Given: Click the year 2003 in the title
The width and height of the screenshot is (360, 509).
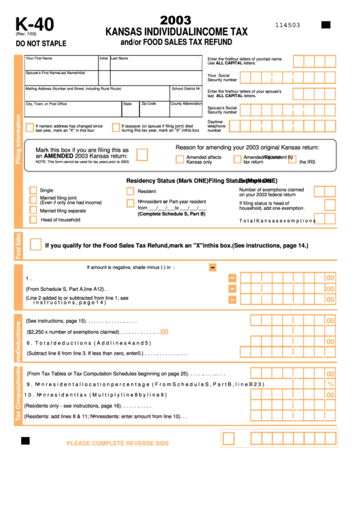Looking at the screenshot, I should pos(175,21).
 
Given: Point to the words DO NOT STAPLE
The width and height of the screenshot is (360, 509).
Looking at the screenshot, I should pos(41,43).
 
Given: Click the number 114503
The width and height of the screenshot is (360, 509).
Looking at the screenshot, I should pos(287,25).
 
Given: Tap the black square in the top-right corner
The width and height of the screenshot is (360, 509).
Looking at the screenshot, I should pos(325,25).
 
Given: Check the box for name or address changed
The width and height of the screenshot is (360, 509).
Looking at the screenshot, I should pos(30,127).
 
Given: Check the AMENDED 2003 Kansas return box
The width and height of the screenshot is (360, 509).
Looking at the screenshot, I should pos(142,154).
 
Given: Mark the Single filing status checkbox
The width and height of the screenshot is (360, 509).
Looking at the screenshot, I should pos(33,190).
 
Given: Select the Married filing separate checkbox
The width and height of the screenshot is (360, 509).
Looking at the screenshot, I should pos(33,211).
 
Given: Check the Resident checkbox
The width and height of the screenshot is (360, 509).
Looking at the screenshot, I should pos(130,191).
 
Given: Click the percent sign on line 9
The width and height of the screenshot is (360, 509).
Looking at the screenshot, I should pos(331,384).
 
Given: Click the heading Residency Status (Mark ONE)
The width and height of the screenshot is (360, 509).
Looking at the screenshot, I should pos(167,180).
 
